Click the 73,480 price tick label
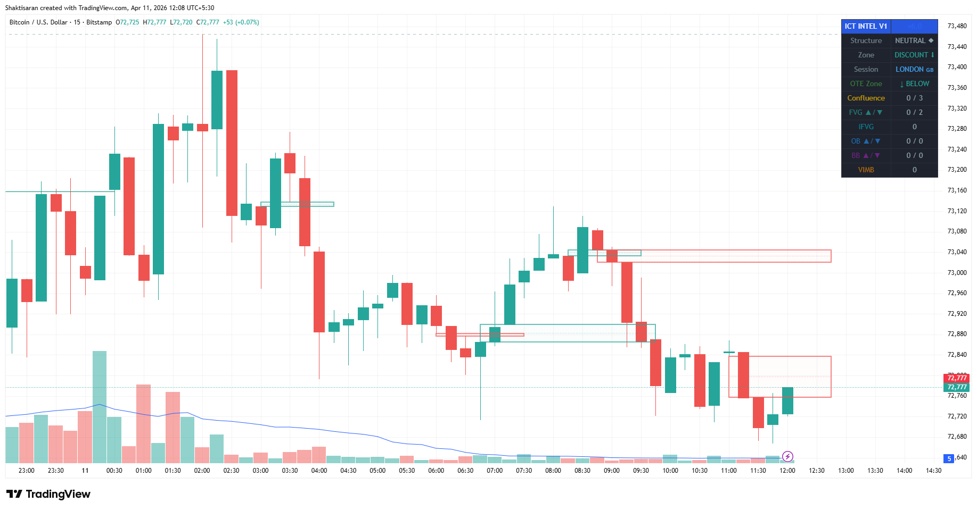(957, 26)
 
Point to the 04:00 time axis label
(319, 471)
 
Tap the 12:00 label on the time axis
(787, 471)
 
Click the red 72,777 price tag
(957, 378)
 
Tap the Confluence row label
(866, 98)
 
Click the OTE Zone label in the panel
(866, 84)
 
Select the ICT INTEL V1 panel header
(866, 26)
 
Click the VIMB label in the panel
(866, 170)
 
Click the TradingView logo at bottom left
(48, 494)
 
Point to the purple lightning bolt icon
(787, 456)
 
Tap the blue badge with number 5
(949, 458)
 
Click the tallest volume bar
(100, 407)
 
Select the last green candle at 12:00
(787, 400)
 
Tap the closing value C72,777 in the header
(208, 22)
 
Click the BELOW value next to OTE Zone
(914, 84)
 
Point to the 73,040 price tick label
(957, 252)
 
